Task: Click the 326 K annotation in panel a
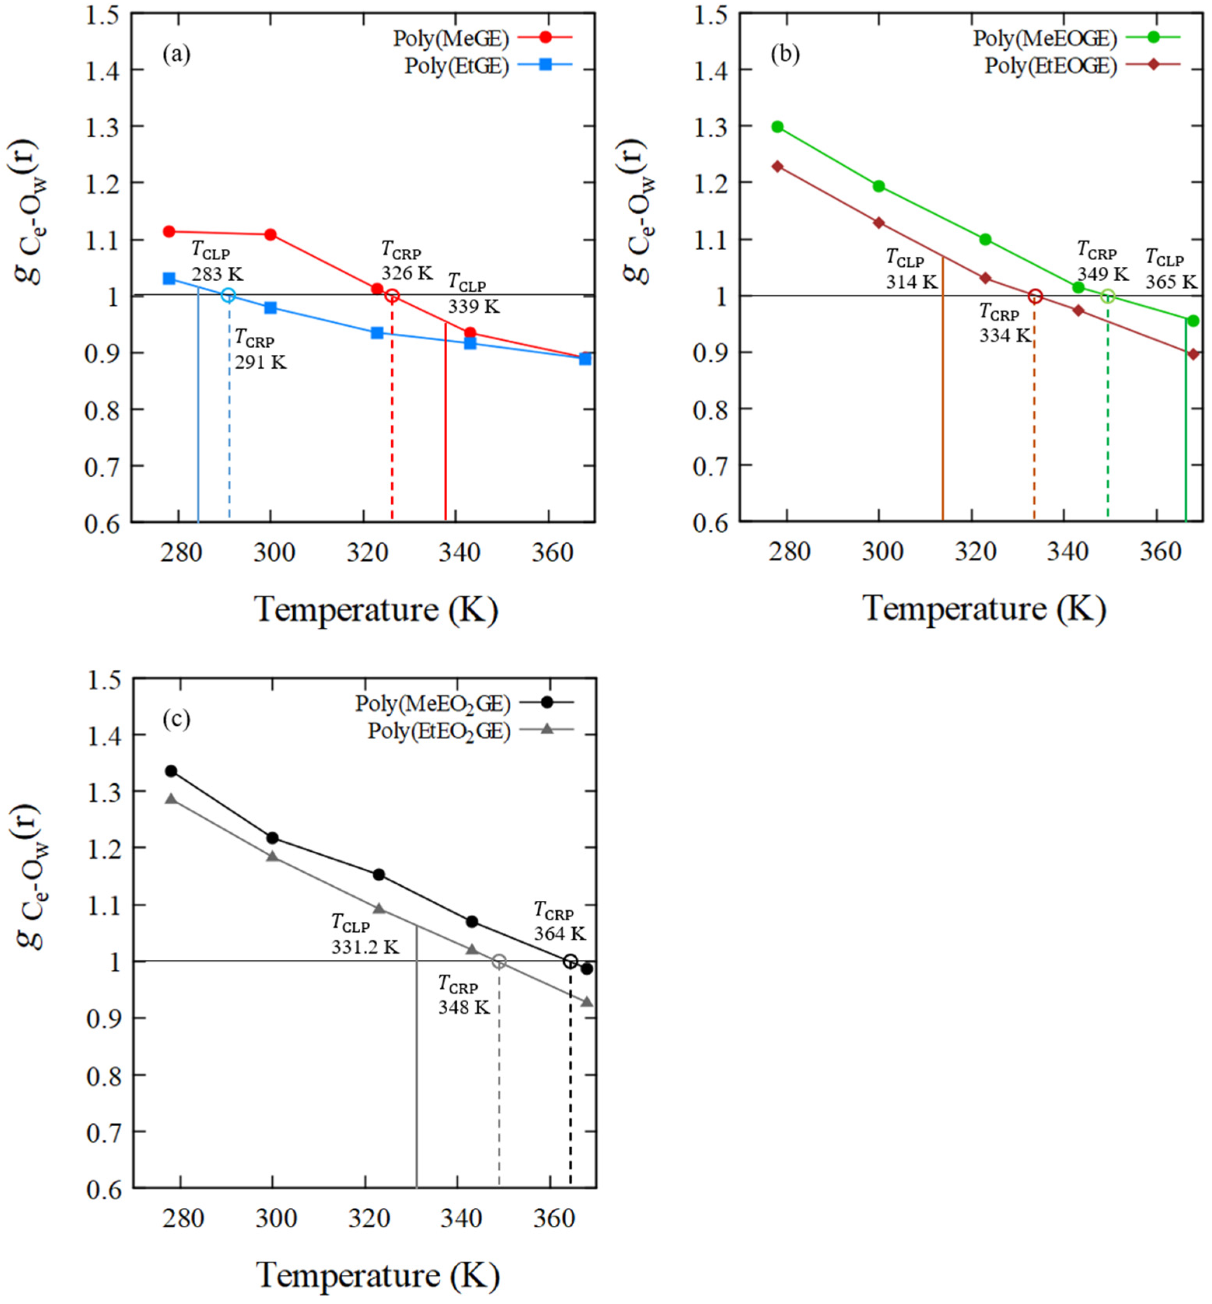coord(407,273)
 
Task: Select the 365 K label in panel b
coord(1171,281)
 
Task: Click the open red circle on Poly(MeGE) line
coord(392,296)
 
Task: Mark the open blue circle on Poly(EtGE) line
coord(228,295)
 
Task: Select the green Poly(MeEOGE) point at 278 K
coord(778,126)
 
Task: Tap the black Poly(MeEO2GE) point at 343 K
coord(471,922)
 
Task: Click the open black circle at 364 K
coord(571,961)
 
